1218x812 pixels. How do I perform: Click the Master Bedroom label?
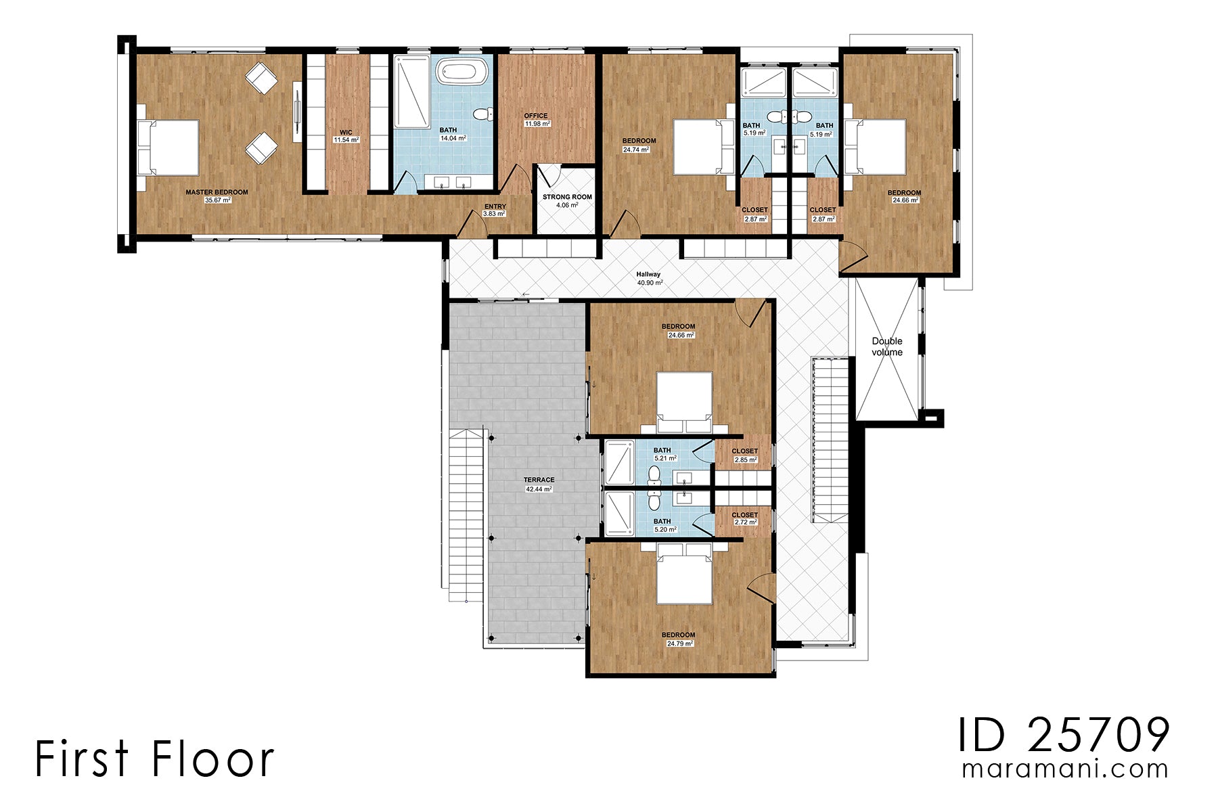(x=217, y=192)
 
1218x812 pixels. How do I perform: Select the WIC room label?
(x=346, y=133)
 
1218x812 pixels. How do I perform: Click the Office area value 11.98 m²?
(x=537, y=124)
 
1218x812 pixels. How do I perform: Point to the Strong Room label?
(x=567, y=197)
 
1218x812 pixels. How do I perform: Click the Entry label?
(x=495, y=207)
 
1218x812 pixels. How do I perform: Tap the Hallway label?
(x=648, y=274)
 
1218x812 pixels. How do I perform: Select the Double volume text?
(x=886, y=346)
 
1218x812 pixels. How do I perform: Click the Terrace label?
(x=539, y=480)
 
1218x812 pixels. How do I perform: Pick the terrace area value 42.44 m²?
(x=539, y=489)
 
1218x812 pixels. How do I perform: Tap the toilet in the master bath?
(x=482, y=114)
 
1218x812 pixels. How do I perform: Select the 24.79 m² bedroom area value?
(x=679, y=644)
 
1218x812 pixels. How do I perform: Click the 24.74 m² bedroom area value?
(x=635, y=150)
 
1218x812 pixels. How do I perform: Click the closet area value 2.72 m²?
(x=744, y=523)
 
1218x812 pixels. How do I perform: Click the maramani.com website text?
(x=1065, y=769)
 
